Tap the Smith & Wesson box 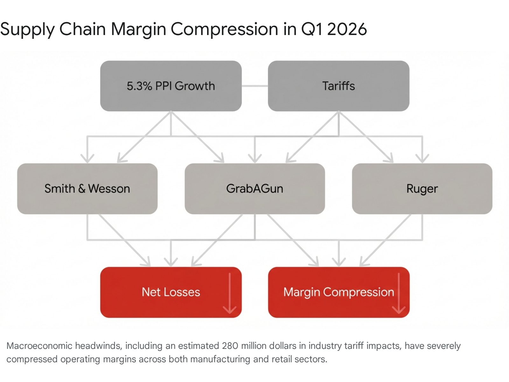pyautogui.click(x=87, y=201)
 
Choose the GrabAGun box pyautogui.click(x=254, y=201)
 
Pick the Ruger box pyautogui.click(x=422, y=201)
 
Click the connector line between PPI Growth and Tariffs pyautogui.click(x=254, y=86)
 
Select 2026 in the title pyautogui.click(x=347, y=29)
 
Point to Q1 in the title pyautogui.click(x=312, y=29)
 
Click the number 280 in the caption pyautogui.click(x=230, y=346)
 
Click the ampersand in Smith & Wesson pyautogui.click(x=81, y=189)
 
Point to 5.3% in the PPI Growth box pyautogui.click(x=139, y=86)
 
